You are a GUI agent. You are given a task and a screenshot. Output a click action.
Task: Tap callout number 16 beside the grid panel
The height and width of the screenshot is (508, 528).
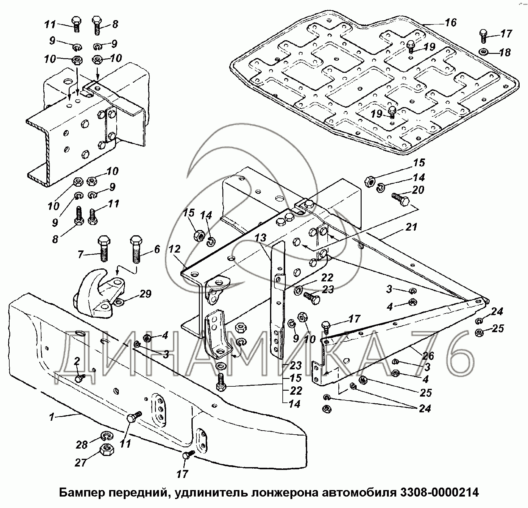pos(451,23)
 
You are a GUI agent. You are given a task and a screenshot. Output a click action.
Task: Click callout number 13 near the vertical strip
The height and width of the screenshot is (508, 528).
pos(260,238)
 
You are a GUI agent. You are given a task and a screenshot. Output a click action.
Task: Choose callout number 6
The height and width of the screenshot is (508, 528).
pos(157,249)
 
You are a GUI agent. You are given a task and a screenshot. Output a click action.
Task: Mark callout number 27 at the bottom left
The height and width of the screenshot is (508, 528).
pos(81,462)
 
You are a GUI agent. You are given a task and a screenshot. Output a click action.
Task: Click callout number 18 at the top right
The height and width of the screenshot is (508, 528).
pos(504,52)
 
